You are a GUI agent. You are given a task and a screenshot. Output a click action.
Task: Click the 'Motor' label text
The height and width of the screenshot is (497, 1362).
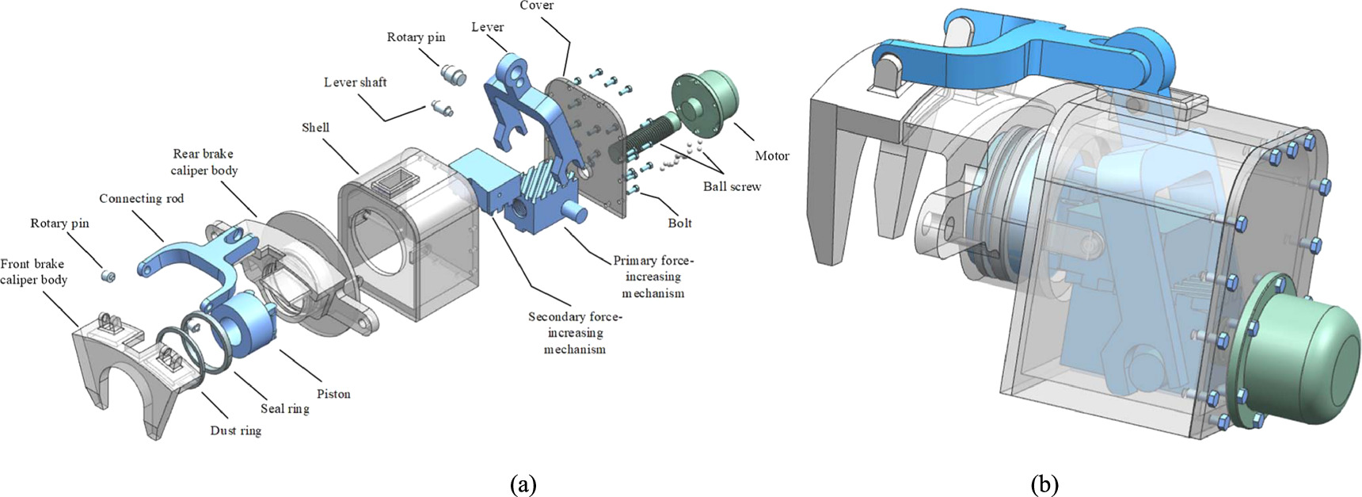click(x=771, y=155)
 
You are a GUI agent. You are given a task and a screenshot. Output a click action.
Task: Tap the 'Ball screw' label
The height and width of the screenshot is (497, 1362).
click(x=732, y=186)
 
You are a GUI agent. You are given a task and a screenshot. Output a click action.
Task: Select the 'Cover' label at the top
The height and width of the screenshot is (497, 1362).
click(x=536, y=6)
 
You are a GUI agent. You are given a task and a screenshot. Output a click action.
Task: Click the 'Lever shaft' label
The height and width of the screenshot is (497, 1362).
click(x=355, y=82)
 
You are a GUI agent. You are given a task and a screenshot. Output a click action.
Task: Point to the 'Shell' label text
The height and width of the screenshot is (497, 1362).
click(x=315, y=128)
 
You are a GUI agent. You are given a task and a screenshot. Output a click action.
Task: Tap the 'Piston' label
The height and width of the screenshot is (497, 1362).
click(x=333, y=394)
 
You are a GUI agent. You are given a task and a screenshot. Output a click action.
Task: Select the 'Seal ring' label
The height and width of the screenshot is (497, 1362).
click(x=284, y=409)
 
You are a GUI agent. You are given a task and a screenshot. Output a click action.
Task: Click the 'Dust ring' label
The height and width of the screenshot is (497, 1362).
click(x=235, y=430)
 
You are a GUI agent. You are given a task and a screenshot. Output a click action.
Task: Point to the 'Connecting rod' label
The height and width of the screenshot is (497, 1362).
click(x=141, y=199)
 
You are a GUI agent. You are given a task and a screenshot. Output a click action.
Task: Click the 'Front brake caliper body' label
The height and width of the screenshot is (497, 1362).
click(x=33, y=272)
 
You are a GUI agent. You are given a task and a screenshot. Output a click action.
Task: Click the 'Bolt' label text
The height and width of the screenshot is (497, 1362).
click(x=679, y=224)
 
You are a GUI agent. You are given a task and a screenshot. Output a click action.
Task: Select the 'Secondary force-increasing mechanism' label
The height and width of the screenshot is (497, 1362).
click(x=575, y=333)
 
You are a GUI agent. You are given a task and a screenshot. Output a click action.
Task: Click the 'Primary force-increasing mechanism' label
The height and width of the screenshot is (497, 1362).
click(x=652, y=277)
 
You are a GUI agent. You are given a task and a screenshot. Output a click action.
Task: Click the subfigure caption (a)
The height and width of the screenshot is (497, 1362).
click(x=523, y=484)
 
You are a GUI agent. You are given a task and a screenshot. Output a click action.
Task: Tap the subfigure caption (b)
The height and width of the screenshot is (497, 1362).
click(x=1044, y=484)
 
